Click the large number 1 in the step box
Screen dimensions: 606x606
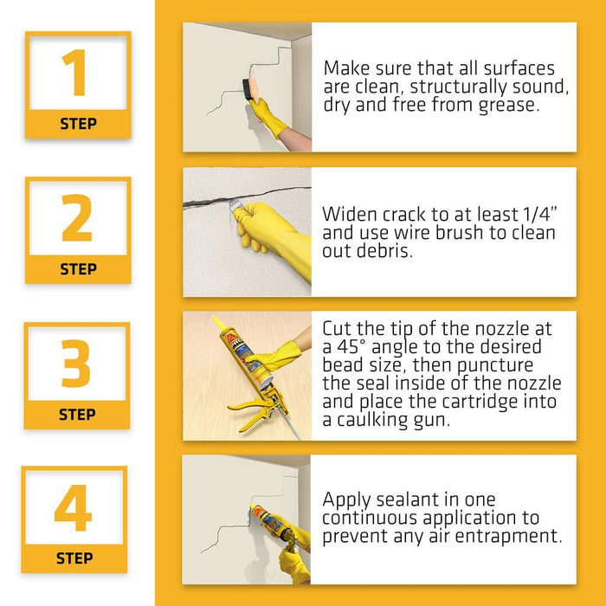[77, 74]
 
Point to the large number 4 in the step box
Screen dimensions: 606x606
[74, 510]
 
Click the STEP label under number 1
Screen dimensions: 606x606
[78, 124]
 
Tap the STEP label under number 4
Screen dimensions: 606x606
[74, 558]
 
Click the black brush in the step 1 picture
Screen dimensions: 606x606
[249, 89]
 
